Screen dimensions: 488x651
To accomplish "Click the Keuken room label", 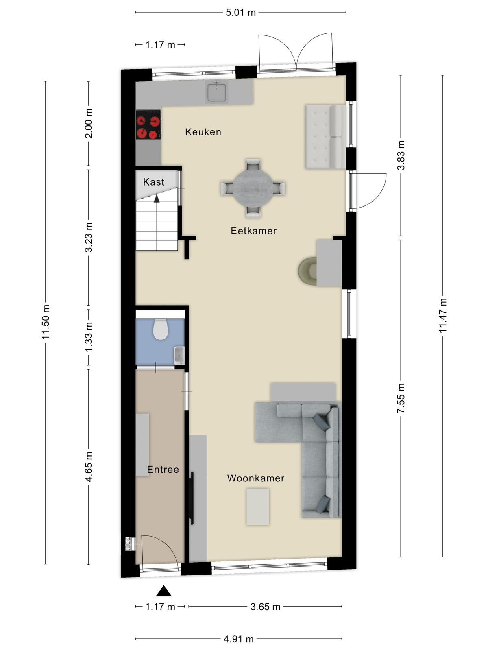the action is [203, 132].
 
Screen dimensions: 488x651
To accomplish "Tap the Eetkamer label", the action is [254, 230].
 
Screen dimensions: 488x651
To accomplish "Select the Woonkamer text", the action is [256, 478].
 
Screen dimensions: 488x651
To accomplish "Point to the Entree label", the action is [163, 469].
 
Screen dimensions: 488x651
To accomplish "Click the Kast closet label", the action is [153, 182].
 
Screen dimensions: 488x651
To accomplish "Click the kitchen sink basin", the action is [217, 92].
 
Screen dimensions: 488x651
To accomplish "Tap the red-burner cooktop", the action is [148, 125].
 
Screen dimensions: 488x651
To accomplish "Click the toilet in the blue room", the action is [161, 329].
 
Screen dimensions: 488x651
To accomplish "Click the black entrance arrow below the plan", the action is [163, 591].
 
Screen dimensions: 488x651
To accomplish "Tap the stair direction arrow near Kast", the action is [157, 199].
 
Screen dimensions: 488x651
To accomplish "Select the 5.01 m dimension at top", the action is [241, 13].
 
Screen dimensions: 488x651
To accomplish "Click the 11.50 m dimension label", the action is [45, 322].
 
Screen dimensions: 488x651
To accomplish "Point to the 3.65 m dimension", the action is [265, 607].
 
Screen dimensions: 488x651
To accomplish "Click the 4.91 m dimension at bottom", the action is [239, 637].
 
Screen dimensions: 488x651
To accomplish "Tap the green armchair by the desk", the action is [307, 271].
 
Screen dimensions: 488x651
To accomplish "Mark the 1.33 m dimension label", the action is [89, 337].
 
